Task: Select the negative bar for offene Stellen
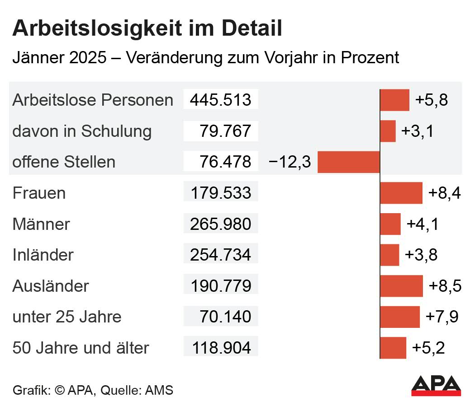348,162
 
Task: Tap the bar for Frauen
401,193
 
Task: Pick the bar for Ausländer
401,286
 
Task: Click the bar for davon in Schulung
388,131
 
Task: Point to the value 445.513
220,100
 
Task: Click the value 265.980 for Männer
220,224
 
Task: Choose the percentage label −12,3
290,162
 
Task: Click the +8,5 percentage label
444,286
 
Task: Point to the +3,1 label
417,131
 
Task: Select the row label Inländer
43,255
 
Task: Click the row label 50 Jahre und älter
81,348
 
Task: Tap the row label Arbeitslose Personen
93,100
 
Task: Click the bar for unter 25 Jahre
400,317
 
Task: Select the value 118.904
221,348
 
